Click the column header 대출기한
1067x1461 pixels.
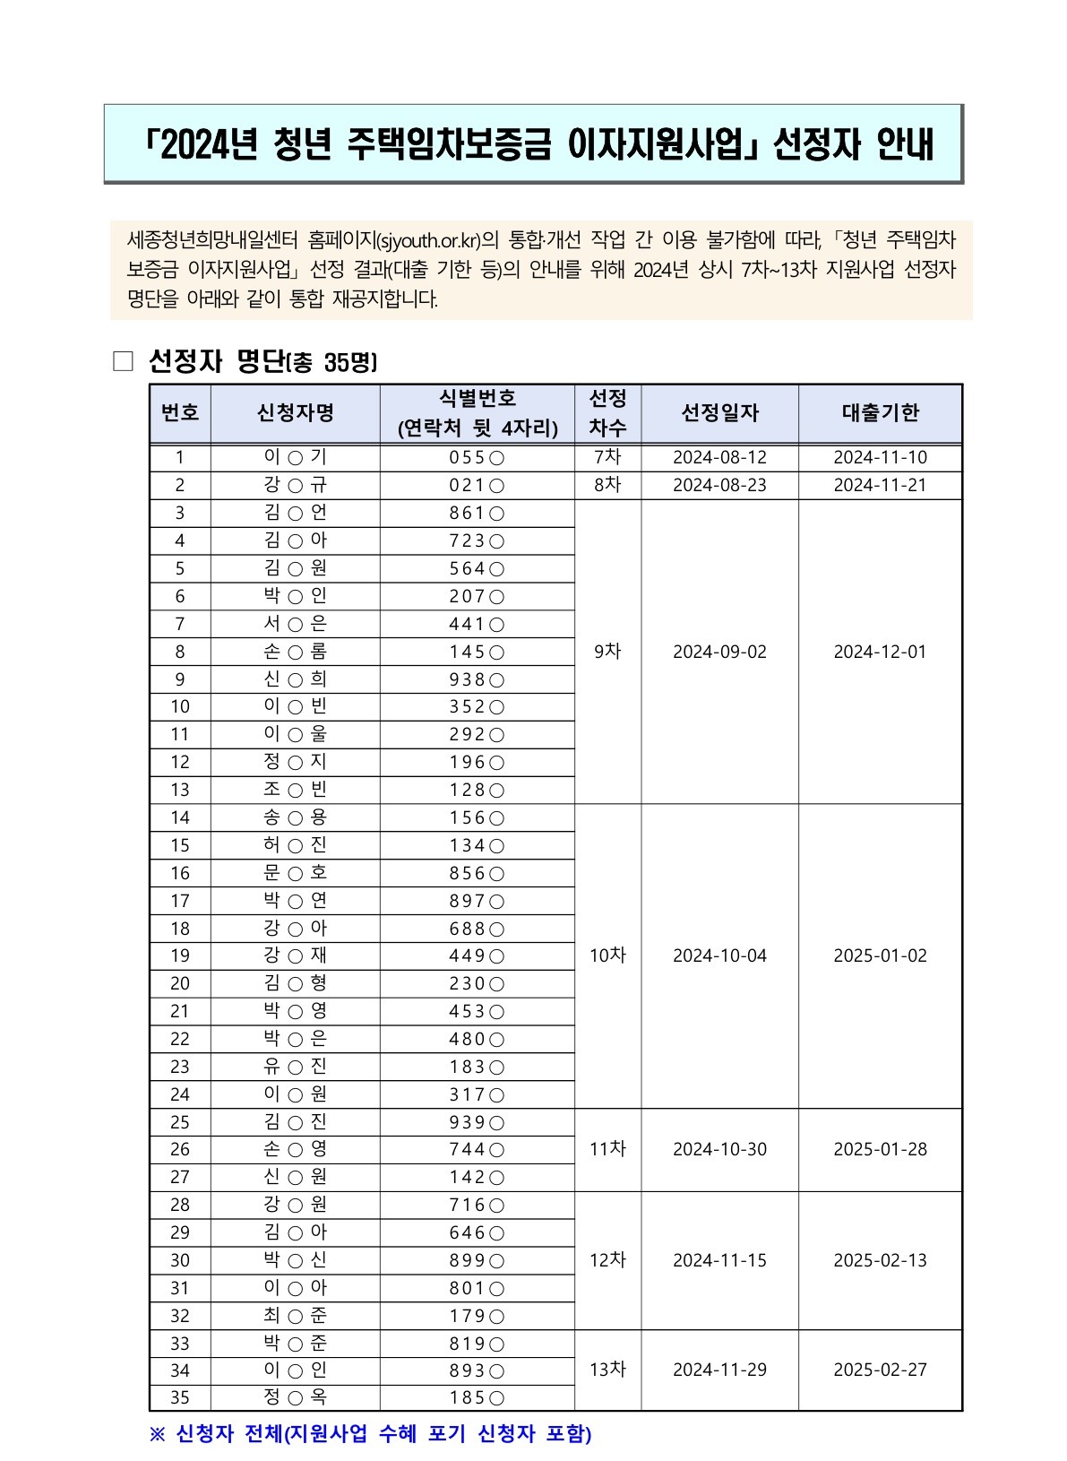(880, 413)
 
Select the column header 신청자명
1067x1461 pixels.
(295, 413)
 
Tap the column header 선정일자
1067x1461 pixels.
(719, 413)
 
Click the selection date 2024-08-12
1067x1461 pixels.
(719, 457)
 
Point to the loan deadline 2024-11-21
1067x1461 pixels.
(880, 485)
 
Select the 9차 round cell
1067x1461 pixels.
(607, 652)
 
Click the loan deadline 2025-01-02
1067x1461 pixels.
(880, 955)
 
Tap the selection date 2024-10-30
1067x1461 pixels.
(719, 1149)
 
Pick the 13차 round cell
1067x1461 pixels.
(607, 1370)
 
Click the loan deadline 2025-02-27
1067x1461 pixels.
(880, 1370)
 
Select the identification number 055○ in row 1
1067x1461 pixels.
(477, 457)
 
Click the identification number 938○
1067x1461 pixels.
(477, 679)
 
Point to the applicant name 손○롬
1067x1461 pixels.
(295, 652)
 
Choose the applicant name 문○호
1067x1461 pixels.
(295, 873)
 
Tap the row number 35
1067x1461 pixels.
(180, 1397)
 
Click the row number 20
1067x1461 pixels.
(180, 983)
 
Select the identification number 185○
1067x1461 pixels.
(477, 1397)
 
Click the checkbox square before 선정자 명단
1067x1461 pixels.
(123, 362)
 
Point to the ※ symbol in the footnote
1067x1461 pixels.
(158, 1434)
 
